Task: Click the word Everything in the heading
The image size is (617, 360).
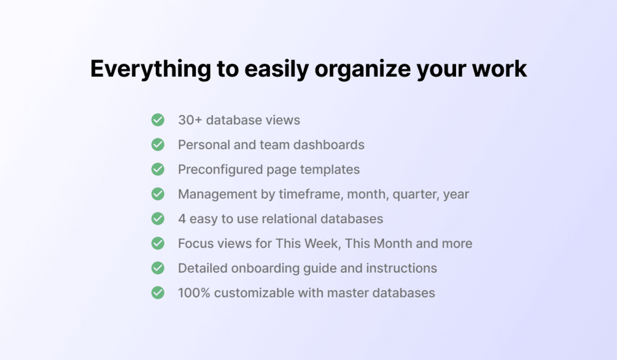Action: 150,69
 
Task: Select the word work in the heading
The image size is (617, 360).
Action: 499,69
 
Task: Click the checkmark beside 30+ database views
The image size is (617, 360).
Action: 158,120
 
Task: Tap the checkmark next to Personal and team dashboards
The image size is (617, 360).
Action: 158,144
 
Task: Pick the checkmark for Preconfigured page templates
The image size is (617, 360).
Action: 158,170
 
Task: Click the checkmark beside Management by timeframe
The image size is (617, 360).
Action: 158,194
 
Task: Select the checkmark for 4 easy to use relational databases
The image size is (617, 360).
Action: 158,219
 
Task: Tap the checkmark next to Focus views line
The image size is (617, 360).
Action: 158,243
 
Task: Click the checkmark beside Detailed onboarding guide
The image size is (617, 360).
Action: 158,268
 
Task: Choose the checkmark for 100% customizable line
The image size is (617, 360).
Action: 158,292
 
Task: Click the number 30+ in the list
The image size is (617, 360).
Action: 190,120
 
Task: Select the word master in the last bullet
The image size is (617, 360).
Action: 348,293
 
